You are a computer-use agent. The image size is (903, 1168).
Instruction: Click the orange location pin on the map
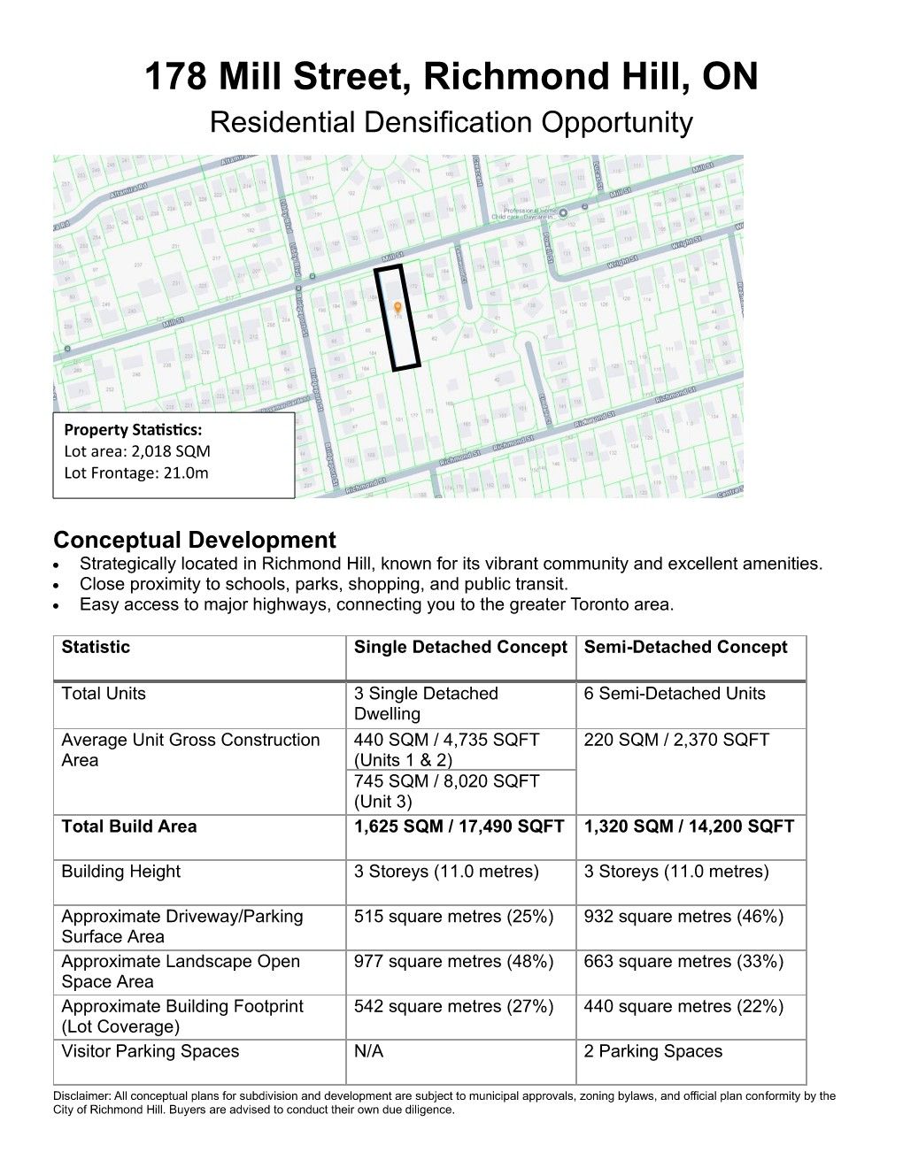398,308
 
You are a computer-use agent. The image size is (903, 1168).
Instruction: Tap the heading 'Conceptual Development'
195,540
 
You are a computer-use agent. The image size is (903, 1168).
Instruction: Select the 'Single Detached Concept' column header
460,648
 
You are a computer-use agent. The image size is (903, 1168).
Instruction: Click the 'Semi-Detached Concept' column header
685,648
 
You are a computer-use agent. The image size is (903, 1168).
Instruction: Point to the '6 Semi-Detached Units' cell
674,694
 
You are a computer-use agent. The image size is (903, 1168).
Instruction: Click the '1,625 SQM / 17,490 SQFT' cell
459,826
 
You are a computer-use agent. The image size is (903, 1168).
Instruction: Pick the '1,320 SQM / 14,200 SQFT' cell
689,826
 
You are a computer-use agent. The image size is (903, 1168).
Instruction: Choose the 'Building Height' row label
120,872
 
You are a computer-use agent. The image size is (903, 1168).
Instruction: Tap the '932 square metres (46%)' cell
683,917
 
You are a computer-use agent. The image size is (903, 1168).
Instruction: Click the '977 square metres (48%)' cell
453,962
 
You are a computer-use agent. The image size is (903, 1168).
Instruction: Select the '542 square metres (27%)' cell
453,1007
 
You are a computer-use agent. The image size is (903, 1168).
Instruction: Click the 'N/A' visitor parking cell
368,1052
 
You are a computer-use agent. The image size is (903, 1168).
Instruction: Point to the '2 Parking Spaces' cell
652,1052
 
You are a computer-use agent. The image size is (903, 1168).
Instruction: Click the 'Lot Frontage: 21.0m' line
136,473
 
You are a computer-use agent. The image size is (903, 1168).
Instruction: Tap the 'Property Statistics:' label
133,430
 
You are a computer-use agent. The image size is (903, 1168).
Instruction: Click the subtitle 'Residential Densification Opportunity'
451,122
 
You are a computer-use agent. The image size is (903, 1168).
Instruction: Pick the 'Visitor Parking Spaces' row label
150,1052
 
